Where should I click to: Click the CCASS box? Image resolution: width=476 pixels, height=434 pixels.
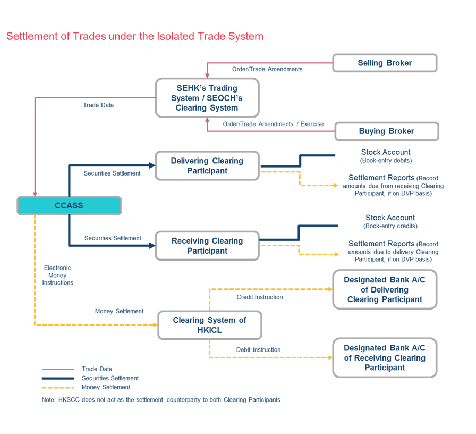[69, 205]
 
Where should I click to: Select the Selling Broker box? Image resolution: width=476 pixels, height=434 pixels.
[385, 63]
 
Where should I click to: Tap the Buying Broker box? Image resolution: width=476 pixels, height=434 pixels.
[386, 131]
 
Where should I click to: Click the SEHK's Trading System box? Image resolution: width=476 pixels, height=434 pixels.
[207, 98]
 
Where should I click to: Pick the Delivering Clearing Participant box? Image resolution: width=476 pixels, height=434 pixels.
[207, 165]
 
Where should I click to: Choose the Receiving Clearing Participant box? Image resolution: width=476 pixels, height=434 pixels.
[207, 246]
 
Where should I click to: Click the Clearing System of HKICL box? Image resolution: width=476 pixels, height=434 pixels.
[210, 325]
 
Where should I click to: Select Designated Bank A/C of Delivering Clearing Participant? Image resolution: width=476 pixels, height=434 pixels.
[385, 289]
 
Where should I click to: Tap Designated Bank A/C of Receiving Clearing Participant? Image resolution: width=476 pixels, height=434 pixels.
[385, 357]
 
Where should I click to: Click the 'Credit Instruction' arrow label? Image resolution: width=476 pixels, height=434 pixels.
[260, 297]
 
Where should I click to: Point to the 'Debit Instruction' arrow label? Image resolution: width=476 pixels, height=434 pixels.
[258, 349]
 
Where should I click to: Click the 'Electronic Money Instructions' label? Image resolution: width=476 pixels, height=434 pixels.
[58, 275]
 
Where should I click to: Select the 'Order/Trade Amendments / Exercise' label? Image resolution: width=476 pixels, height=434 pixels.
[273, 124]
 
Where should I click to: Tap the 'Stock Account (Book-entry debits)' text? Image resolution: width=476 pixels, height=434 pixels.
[386, 156]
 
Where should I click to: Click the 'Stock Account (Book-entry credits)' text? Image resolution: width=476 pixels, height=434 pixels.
[390, 221]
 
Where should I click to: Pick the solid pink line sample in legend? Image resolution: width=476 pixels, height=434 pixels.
[58, 369]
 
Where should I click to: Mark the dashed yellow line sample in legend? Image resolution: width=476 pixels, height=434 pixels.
[58, 387]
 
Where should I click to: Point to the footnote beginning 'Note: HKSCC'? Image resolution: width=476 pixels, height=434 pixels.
[160, 399]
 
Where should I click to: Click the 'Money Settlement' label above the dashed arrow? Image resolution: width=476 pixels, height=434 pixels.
[119, 311]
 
